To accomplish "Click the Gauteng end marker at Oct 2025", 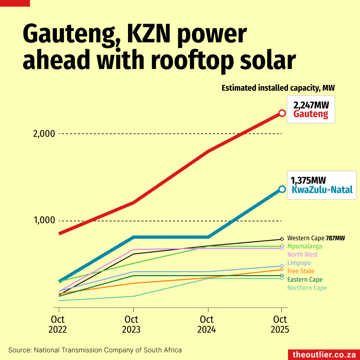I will tap(282, 113).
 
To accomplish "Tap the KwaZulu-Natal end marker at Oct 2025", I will tap(282, 189).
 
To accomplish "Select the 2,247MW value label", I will tap(311, 105).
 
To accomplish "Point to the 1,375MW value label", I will tap(308, 180).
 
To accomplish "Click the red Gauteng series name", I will tap(311, 114).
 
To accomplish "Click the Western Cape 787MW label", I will tap(316, 238).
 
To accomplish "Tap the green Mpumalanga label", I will tap(304, 246).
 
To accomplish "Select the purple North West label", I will tap(303, 255).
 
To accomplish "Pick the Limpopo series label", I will tap(299, 263).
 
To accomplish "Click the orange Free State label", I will tap(301, 271).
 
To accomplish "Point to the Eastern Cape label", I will tap(305, 280).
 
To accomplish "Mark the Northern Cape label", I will tap(307, 288).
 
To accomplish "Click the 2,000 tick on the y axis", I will tap(44, 134).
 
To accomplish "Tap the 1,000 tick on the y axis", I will tap(44, 220).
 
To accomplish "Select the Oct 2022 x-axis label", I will tap(58, 324).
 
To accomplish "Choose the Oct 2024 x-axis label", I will tap(207, 324).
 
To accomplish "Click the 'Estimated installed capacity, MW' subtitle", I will tap(278, 88).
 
